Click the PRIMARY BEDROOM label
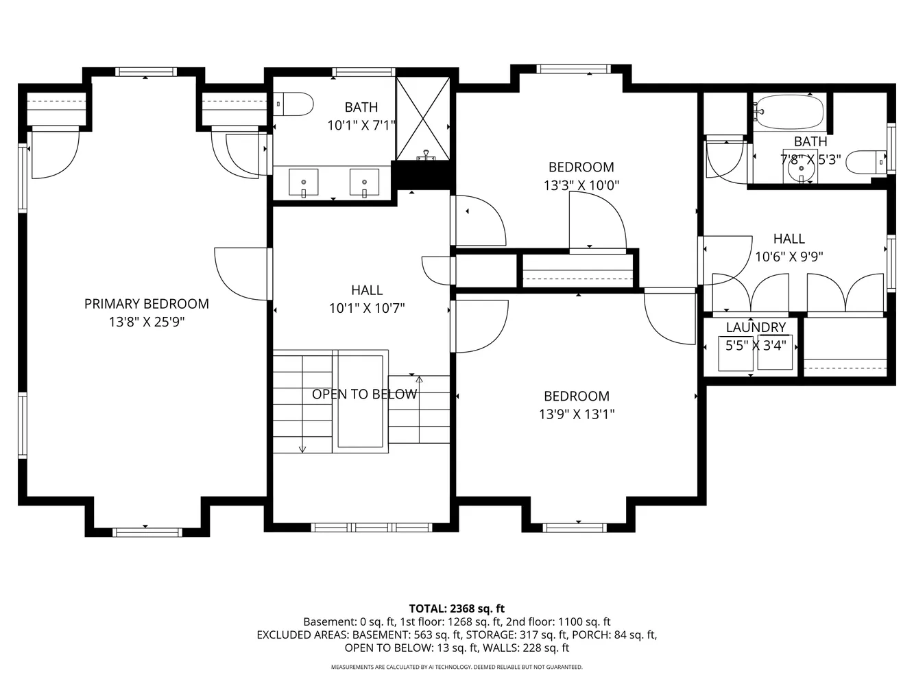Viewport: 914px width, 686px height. click(147, 304)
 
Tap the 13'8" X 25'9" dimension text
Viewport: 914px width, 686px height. click(147, 322)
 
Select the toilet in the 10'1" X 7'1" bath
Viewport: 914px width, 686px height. click(293, 104)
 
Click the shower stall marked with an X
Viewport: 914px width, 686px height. click(422, 119)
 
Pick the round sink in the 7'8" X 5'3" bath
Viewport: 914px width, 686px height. click(801, 168)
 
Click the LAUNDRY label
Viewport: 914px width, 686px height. click(756, 327)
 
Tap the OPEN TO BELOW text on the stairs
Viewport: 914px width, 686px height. click(364, 394)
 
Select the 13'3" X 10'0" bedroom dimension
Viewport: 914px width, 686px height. click(581, 185)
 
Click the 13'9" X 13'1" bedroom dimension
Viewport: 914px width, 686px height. click(577, 414)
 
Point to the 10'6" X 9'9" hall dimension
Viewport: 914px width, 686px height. click(789, 257)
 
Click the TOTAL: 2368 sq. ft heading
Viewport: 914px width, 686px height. click(457, 608)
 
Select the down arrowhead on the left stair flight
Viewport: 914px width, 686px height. click(302, 449)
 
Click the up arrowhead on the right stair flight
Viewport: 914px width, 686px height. click(420, 379)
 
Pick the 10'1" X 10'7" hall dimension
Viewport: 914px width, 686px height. click(367, 308)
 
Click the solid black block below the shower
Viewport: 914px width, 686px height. click(422, 176)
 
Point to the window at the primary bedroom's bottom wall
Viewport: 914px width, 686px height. click(147, 532)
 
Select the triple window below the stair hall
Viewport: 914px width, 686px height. click(372, 528)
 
